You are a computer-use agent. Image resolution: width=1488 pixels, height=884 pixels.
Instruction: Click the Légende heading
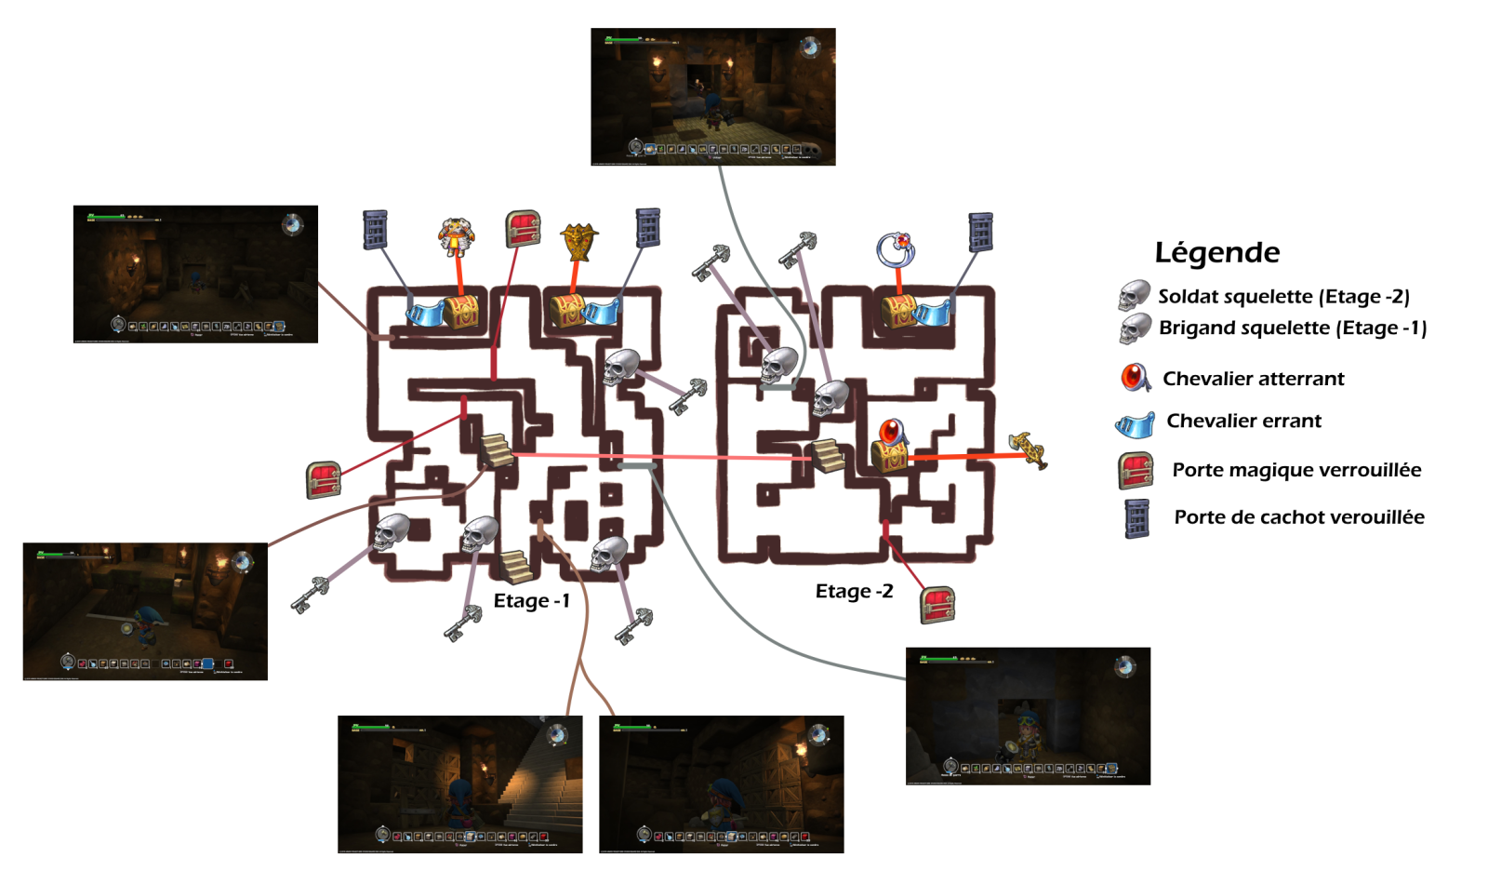coord(1216,252)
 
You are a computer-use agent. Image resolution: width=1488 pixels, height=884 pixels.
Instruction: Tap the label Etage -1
coord(531,600)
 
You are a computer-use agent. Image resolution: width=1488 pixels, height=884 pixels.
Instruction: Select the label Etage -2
coord(854,591)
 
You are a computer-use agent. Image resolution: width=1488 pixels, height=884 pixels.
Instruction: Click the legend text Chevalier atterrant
coord(1253,379)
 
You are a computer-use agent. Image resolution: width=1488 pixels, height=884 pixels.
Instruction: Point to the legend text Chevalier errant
coord(1243,421)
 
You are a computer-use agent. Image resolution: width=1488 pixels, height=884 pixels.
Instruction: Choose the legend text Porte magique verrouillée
coord(1296,470)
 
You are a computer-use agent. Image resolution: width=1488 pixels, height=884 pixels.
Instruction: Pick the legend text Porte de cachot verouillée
coord(1298,517)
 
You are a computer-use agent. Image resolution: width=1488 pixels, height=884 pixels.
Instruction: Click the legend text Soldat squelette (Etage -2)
coord(1283,297)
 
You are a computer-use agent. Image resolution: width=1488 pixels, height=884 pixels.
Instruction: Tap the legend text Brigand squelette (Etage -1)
coord(1292,328)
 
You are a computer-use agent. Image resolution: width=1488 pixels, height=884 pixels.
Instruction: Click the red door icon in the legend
coord(1136,470)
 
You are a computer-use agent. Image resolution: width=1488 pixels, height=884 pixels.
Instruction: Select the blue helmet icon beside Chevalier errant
coord(1135,424)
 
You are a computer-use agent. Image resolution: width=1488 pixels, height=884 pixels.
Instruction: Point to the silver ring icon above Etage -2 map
coord(897,248)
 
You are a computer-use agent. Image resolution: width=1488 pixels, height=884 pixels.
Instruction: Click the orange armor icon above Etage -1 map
coord(456,236)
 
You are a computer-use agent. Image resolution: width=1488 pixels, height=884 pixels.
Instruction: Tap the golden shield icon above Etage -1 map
coord(578,242)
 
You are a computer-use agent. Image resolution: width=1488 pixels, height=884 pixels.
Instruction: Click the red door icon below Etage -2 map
coord(937,605)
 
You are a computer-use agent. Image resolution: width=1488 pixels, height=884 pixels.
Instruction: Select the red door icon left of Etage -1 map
coord(324,479)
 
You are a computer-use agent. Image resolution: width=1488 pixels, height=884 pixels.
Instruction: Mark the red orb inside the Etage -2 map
coord(891,432)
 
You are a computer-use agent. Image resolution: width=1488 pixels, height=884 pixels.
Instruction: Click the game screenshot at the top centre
coord(712,97)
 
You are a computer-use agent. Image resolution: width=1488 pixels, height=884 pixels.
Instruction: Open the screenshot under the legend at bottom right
coord(1028,716)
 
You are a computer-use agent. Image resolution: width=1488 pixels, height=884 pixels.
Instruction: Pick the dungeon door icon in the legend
coord(1136,518)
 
